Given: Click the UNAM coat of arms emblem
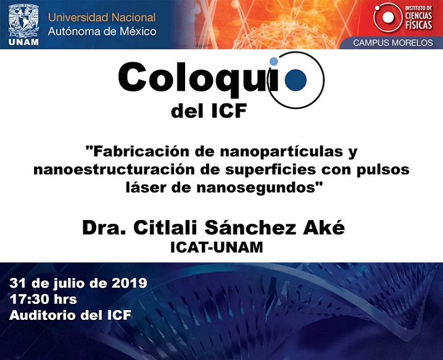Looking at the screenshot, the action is tap(23, 21).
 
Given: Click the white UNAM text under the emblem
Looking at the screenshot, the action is tap(23, 43).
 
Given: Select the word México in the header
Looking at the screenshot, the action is tap(138, 31).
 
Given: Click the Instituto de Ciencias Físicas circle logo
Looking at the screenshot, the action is tap(387, 17).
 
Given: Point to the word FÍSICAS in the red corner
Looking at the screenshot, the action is tap(419, 25).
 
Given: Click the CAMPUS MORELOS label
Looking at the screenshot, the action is tap(392, 43).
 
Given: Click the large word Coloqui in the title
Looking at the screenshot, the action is tap(199, 78).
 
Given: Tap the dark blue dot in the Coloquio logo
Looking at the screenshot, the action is tap(296, 80).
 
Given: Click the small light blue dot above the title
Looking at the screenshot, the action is tap(273, 61).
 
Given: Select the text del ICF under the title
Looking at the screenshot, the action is tap(209, 111).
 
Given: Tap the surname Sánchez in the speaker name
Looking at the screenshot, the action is tap(250, 227).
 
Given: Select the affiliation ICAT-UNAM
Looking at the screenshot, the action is tap(217, 247).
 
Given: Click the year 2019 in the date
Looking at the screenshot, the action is tap(129, 283).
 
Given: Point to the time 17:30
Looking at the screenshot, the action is tap(27, 300).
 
